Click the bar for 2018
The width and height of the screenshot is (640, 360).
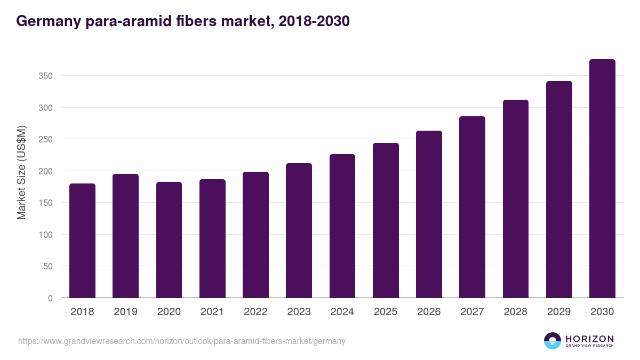tap(82, 241)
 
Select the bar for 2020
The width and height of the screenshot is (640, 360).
tap(169, 240)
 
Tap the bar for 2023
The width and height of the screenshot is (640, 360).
tap(299, 230)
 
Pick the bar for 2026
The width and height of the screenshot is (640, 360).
tap(429, 214)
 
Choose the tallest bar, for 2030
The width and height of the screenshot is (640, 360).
tap(602, 179)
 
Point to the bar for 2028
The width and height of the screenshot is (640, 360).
tap(516, 199)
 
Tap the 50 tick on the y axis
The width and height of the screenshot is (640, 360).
tap(48, 266)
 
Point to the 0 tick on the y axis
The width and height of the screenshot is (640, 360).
tap(50, 298)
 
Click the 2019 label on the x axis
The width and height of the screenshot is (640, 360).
tap(125, 312)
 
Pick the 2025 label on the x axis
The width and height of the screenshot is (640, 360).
tap(386, 312)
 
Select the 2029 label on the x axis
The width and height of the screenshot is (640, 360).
tap(559, 312)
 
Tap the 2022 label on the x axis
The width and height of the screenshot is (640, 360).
tap(255, 312)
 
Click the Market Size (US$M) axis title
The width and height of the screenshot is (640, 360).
tap(21, 172)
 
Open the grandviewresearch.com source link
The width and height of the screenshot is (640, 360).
tap(182, 341)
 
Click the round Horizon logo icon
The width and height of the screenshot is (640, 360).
tap(553, 341)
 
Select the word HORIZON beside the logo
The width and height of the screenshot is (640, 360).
tap(589, 338)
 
